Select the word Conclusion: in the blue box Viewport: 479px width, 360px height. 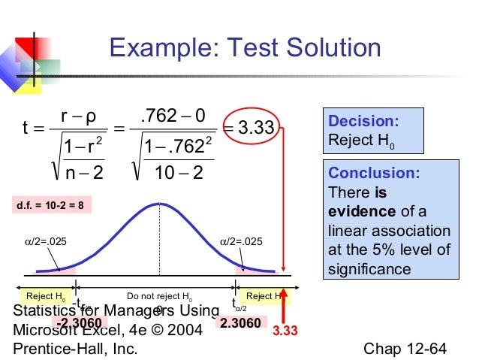coord(373,173)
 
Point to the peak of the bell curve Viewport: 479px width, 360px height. coord(159,204)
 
